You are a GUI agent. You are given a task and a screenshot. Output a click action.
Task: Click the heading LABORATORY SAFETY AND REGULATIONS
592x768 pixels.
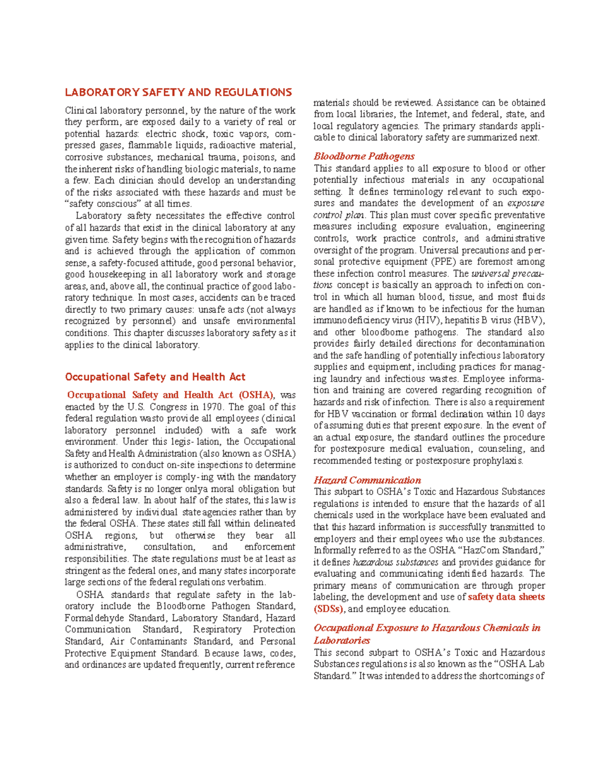pos(178,92)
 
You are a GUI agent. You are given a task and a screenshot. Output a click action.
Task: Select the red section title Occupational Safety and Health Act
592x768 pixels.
pos(155,377)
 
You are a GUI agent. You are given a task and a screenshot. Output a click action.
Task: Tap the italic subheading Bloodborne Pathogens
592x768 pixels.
pos(364,156)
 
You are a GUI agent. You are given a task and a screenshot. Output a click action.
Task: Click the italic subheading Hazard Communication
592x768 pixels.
pos(367,480)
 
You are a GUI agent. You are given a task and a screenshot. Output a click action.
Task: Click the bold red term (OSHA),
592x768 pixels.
pos(257,395)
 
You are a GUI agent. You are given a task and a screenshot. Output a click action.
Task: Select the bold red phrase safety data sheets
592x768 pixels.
pos(506,597)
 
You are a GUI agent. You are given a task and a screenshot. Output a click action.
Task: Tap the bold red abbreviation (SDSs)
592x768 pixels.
pos(328,609)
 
